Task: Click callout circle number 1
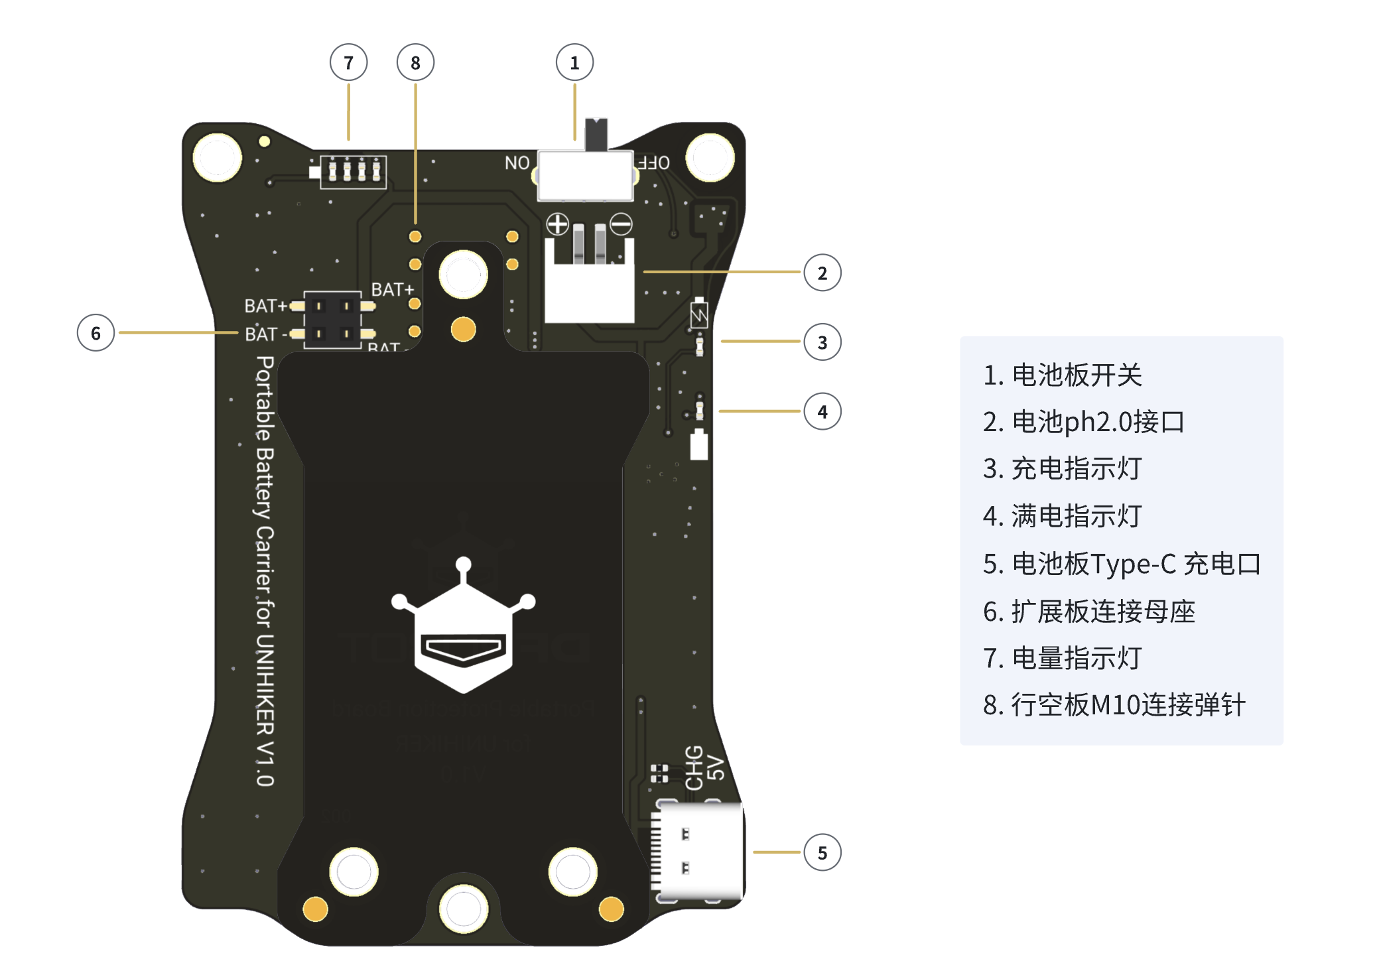(574, 63)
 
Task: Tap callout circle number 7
(348, 63)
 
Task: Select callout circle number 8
(415, 63)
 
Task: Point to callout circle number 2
(822, 273)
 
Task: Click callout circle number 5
(822, 852)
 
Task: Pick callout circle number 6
(96, 333)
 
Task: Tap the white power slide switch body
(585, 176)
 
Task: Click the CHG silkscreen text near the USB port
(694, 768)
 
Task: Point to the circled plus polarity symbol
(557, 224)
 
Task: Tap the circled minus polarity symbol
(621, 224)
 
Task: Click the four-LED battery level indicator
(353, 171)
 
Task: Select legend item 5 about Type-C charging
(1121, 564)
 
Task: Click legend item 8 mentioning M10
(1114, 704)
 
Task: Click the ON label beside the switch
(517, 163)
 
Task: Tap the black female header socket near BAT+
(332, 320)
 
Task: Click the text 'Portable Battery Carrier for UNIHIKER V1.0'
(265, 570)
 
